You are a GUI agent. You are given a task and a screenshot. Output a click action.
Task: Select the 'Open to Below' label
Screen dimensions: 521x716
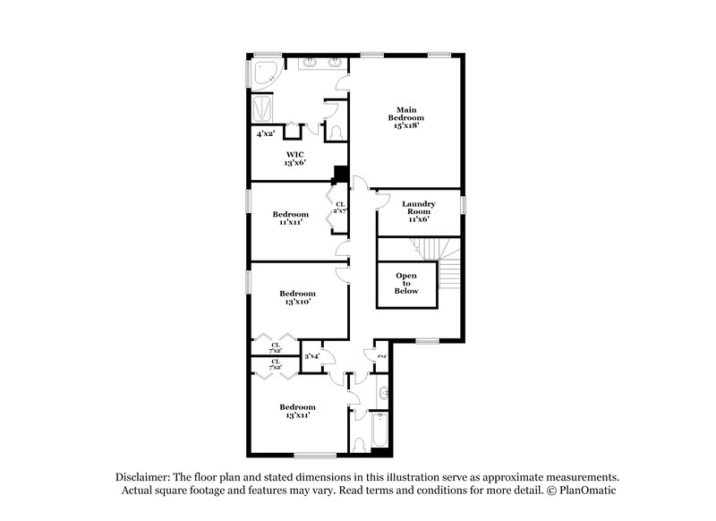pyautogui.click(x=406, y=283)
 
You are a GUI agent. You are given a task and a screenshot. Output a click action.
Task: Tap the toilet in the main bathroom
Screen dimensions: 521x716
pyautogui.click(x=335, y=132)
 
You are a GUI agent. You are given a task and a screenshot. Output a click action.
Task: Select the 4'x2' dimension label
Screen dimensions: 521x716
pyautogui.click(x=265, y=133)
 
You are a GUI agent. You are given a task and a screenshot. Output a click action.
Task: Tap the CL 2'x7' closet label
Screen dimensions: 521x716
pyautogui.click(x=340, y=209)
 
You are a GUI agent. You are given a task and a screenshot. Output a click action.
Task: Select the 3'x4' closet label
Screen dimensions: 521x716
pyautogui.click(x=312, y=356)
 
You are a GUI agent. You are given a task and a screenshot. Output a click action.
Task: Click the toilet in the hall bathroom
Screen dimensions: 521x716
pyautogui.click(x=357, y=442)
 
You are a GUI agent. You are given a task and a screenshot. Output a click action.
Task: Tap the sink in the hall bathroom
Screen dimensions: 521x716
pyautogui.click(x=383, y=392)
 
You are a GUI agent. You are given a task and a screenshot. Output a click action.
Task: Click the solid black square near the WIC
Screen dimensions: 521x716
pyautogui.click(x=340, y=175)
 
